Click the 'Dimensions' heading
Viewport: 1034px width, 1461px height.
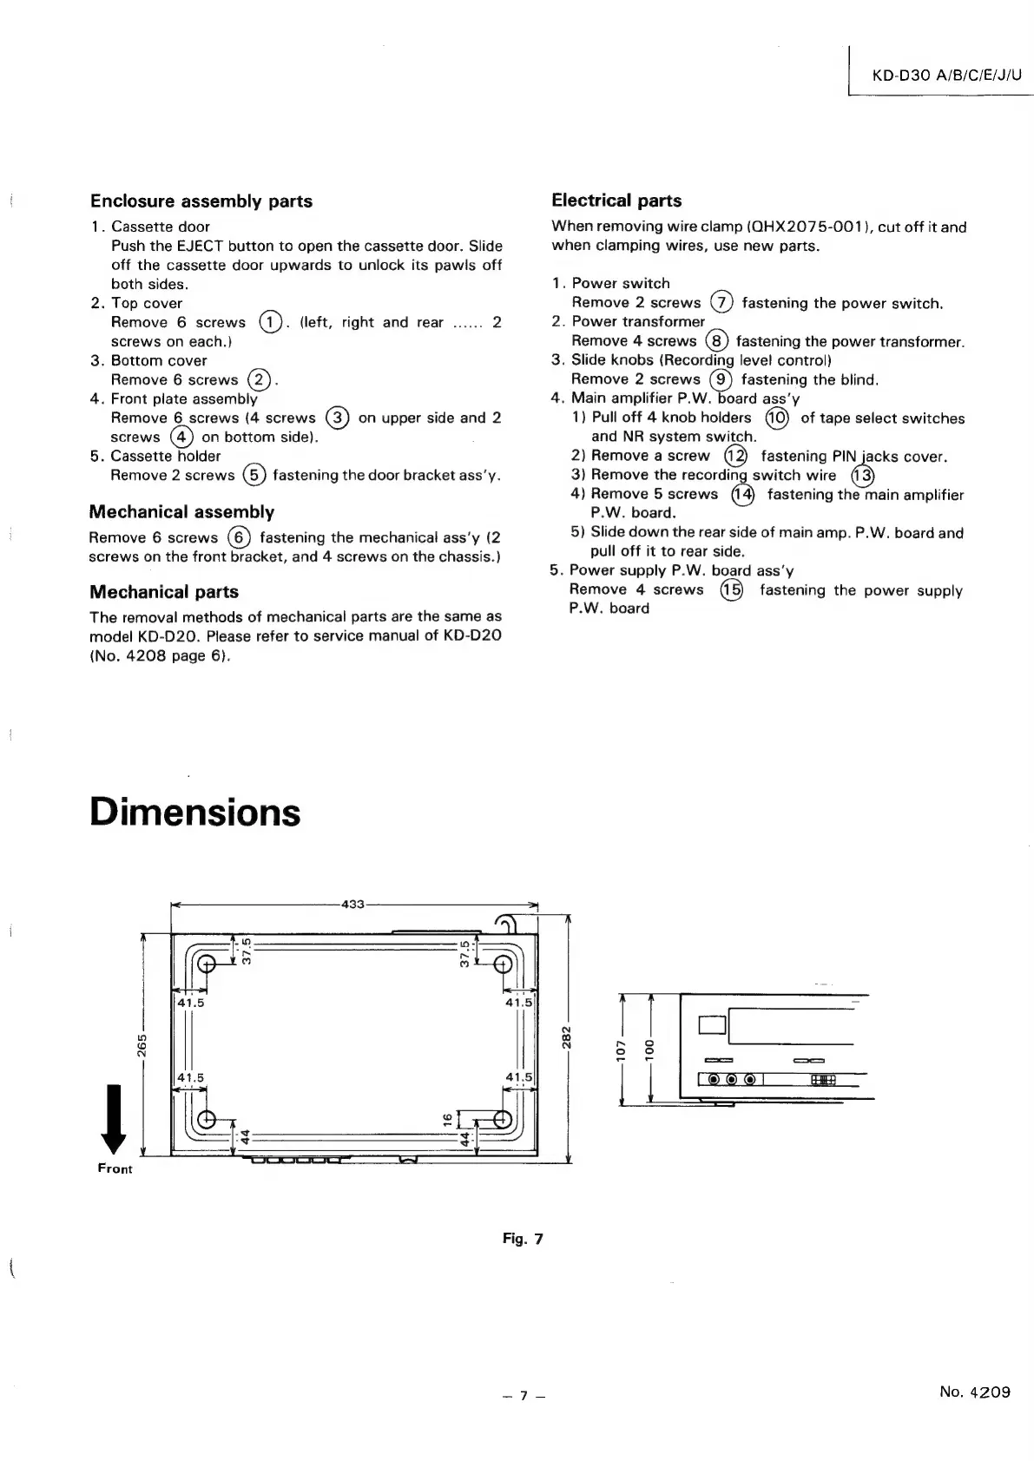pos(195,813)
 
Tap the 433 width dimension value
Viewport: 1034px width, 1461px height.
pos(352,905)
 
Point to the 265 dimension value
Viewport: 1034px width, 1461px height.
pos(142,1048)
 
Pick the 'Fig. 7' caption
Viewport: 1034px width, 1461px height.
pos(523,1239)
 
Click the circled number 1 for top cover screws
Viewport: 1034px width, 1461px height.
pos(270,323)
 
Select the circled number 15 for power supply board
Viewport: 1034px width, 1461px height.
pos(732,590)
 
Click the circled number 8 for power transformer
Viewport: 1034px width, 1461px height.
pos(716,341)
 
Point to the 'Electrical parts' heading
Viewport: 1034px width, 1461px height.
pos(616,201)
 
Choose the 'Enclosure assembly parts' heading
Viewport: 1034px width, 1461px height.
pos(201,201)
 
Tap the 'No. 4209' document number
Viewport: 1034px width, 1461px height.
pos(975,1392)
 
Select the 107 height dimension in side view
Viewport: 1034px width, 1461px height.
pos(622,1049)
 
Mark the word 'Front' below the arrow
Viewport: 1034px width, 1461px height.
pos(115,1169)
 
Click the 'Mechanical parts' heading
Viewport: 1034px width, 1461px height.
pos(164,592)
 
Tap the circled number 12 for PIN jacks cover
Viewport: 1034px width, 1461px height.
pos(735,456)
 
